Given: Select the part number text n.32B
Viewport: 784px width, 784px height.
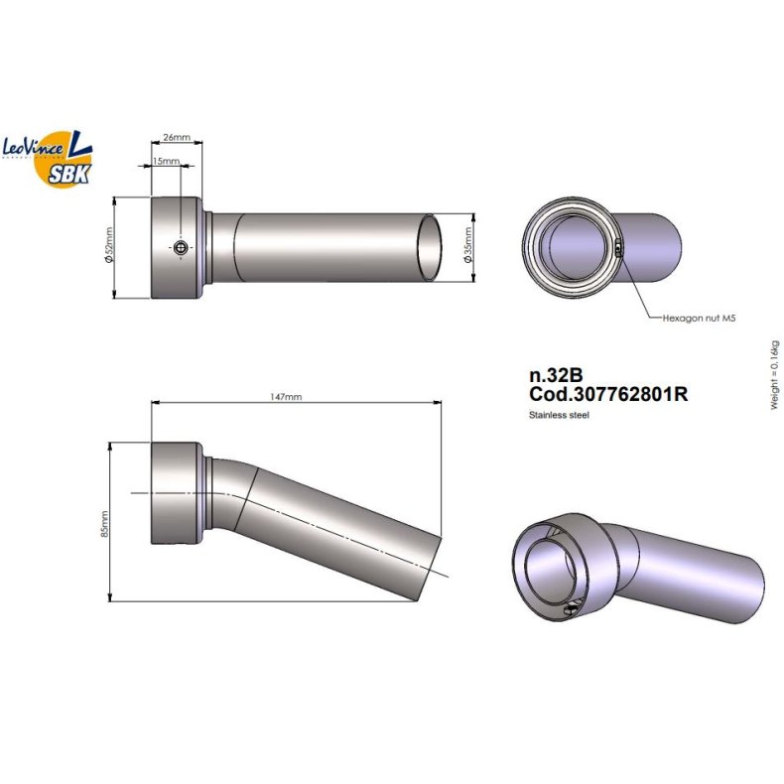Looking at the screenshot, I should click(556, 377).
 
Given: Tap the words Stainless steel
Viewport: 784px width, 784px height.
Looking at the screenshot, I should click(560, 415).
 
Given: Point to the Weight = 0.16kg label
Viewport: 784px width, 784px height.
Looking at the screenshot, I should click(775, 374).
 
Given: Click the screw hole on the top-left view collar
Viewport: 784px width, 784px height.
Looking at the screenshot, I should click(180, 247).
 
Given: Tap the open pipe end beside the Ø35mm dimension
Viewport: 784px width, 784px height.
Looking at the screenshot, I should click(431, 247).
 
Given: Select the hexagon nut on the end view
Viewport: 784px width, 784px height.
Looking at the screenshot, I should click(618, 250).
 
